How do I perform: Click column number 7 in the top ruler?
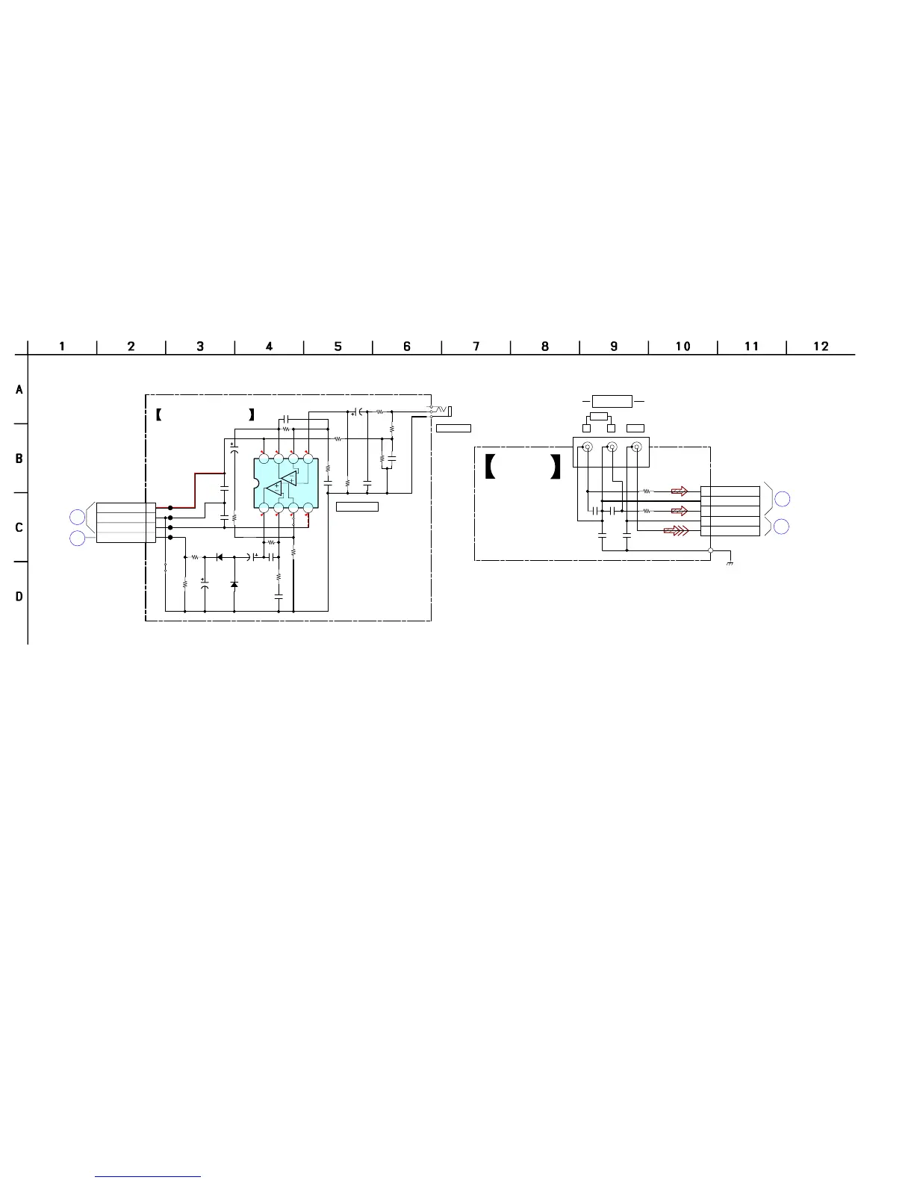coord(476,347)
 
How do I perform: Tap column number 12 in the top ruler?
coord(821,347)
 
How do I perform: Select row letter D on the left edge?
coord(19,597)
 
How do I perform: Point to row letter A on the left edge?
coord(19,390)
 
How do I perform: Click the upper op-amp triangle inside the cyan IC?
coord(290,478)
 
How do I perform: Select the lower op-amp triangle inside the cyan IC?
coord(274,489)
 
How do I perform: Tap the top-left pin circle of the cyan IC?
coord(264,459)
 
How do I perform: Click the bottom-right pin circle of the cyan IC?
coord(308,508)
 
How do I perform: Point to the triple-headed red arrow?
coord(676,530)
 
